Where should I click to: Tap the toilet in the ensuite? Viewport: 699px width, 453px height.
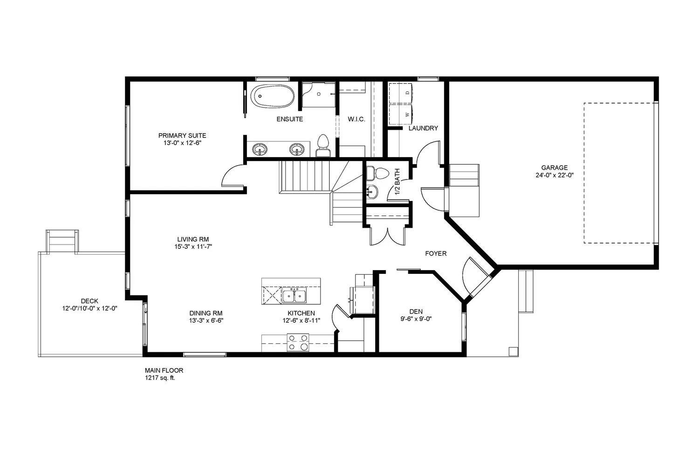click(322, 145)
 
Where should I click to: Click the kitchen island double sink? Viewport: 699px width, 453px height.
click(294, 295)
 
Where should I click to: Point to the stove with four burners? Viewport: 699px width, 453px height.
click(297, 342)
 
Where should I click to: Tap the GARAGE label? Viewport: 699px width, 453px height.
click(554, 168)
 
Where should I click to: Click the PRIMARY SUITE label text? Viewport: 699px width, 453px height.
click(182, 136)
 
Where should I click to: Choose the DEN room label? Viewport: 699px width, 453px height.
click(416, 312)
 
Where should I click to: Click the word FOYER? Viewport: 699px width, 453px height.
click(436, 254)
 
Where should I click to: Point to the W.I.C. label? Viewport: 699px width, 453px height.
click(356, 119)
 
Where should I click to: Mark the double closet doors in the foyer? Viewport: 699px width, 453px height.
click(388, 236)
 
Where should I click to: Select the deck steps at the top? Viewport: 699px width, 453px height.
click(62, 241)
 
